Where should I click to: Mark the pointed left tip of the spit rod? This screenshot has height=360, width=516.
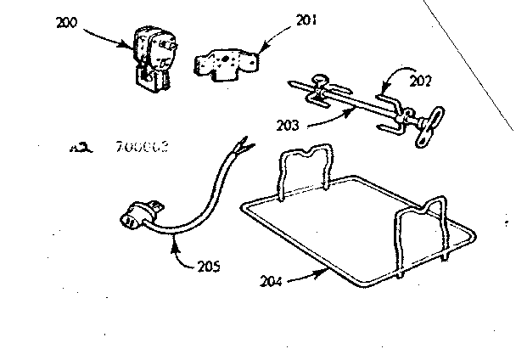coord(292,84)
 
